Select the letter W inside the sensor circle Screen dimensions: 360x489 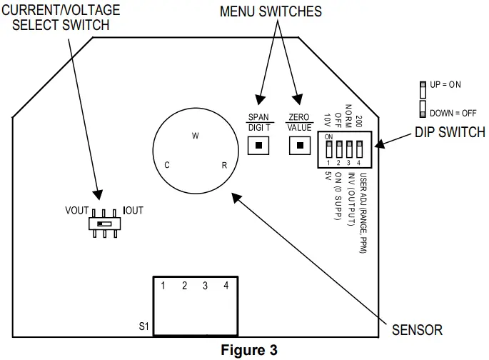click(195, 136)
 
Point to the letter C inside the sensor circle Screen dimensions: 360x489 click(166, 165)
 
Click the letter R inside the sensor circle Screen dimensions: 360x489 click(224, 165)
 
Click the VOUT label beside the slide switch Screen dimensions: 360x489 click(76, 211)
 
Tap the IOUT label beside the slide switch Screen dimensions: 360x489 click(133, 211)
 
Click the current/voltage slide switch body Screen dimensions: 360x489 click(105, 224)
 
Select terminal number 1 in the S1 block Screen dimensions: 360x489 click(163, 286)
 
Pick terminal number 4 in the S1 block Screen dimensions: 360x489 click(226, 286)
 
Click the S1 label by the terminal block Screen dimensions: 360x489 click(143, 327)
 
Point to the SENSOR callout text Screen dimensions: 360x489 click(417, 330)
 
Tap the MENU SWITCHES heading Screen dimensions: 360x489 click(271, 11)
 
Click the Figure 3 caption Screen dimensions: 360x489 click(246, 351)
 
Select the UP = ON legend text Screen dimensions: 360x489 click(445, 84)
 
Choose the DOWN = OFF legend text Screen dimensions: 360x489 click(452, 113)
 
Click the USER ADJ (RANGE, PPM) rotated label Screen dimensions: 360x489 click(363, 214)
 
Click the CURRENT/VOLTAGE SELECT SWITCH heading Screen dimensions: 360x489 click(61, 18)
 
